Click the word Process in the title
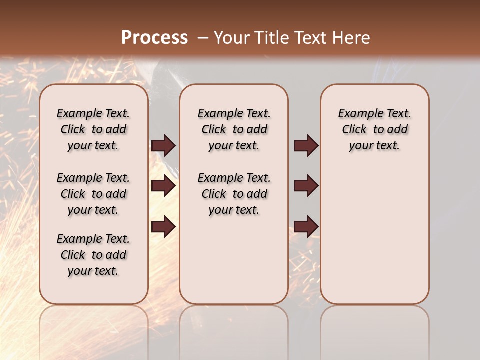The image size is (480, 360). (154, 38)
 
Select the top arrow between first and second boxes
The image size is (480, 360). (163, 145)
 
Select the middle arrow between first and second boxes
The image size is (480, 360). (163, 186)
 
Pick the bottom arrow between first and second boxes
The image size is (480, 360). (163, 227)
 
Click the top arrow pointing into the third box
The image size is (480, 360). (306, 145)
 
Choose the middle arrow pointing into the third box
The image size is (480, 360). (306, 186)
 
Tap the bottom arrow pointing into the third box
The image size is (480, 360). (306, 227)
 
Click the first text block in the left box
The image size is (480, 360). (93, 129)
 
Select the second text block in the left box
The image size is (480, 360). (93, 194)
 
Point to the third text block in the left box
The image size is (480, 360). (93, 255)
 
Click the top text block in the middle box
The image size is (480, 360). (234, 129)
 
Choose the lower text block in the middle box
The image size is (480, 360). (234, 194)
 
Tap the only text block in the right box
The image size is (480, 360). (374, 129)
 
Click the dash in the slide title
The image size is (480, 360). (203, 38)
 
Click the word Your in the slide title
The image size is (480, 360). (231, 38)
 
